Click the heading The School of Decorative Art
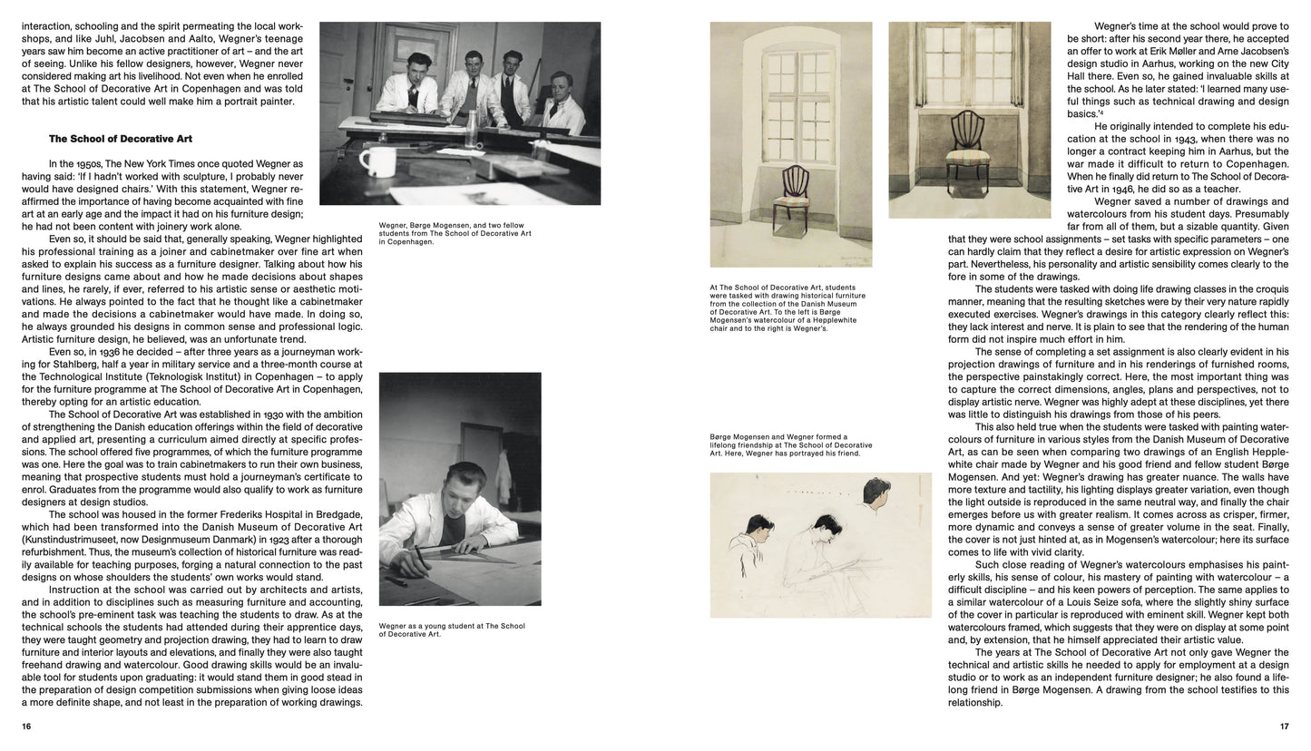[120, 139]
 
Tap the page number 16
[26, 727]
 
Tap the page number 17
[1283, 727]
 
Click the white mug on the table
[377, 161]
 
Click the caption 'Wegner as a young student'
[452, 629]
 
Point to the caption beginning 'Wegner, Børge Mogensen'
[455, 233]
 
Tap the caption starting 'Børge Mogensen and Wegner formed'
[790, 444]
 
